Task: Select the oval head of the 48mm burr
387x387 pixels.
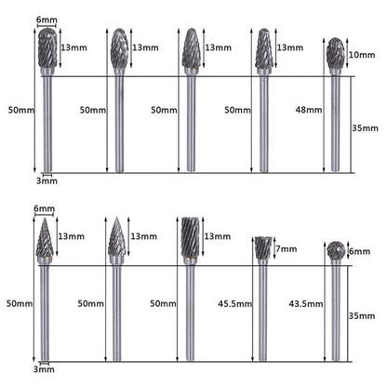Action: point(336,55)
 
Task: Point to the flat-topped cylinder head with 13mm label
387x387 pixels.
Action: point(188,240)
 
